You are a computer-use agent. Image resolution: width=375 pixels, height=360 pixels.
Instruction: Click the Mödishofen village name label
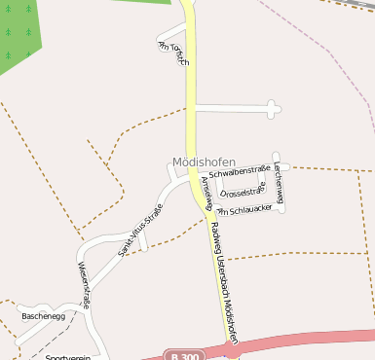click(203, 162)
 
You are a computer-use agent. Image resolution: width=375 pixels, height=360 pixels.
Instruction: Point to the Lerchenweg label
click(279, 184)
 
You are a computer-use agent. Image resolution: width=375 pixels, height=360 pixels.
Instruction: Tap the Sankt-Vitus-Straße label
click(140, 230)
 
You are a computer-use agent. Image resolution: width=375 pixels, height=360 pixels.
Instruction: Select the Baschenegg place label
click(42, 316)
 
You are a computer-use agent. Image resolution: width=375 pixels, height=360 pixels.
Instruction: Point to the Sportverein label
click(67, 355)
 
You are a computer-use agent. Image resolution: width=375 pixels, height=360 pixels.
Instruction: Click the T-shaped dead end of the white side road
click(272, 110)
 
